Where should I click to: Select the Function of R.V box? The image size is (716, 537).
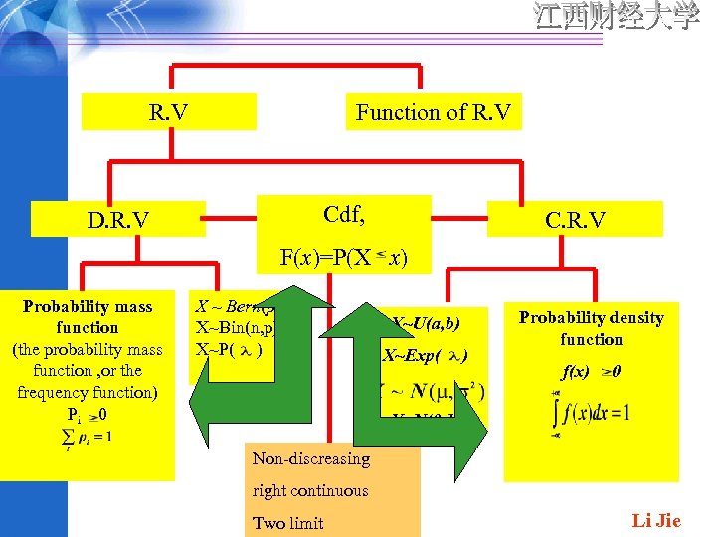[x=434, y=112]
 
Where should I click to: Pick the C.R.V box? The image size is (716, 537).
[x=575, y=219]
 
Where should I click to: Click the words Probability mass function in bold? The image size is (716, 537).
[x=88, y=317]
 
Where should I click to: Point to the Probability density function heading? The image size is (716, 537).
[x=591, y=328]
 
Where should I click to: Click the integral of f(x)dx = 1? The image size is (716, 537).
[x=591, y=411]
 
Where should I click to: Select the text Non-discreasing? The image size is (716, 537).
[x=310, y=459]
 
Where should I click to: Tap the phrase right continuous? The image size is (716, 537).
[x=310, y=490]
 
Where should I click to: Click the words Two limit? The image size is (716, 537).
[x=288, y=523]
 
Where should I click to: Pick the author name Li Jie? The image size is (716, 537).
[x=656, y=521]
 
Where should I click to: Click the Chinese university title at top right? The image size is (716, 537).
[x=617, y=18]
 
